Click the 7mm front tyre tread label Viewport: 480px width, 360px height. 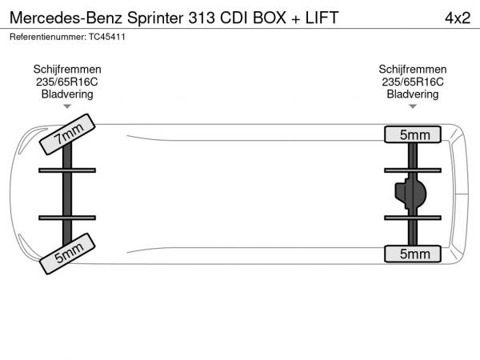(x=67, y=134)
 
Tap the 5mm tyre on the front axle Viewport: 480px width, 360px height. (x=67, y=254)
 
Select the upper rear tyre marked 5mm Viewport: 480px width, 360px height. (x=413, y=134)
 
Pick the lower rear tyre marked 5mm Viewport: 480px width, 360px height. (x=413, y=254)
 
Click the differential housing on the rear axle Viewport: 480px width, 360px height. (x=411, y=194)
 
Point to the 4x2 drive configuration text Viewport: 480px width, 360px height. (x=458, y=18)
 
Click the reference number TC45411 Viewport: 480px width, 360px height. (x=107, y=37)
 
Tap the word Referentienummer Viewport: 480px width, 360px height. (x=47, y=37)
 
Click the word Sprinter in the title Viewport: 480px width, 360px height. (x=155, y=18)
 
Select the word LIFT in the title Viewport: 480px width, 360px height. (x=322, y=18)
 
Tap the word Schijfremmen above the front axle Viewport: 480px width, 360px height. (x=67, y=70)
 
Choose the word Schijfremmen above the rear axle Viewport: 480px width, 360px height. (x=413, y=70)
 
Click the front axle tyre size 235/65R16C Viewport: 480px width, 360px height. (x=67, y=82)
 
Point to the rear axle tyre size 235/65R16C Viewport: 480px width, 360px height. (x=413, y=82)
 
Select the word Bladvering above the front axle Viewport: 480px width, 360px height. (x=67, y=94)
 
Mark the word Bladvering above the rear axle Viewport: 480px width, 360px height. (x=413, y=94)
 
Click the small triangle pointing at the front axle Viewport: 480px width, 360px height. (x=67, y=106)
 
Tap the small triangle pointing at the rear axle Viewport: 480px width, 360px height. (x=413, y=106)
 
